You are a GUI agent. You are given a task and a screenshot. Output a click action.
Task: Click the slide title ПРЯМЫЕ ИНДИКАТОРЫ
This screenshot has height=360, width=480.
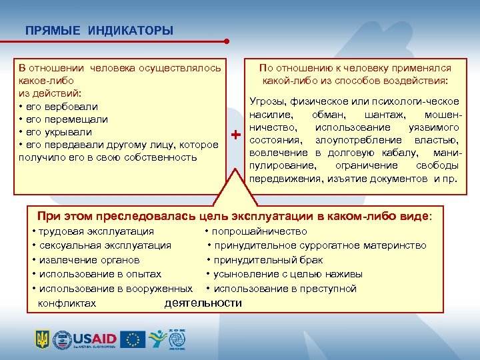tap(99, 31)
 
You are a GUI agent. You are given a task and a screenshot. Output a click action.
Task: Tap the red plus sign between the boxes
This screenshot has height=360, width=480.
tap(235, 136)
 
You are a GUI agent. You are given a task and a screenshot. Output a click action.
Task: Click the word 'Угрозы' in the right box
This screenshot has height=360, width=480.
tap(266, 101)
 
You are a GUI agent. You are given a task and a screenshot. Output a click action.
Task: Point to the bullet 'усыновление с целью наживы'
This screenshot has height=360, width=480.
tap(287, 274)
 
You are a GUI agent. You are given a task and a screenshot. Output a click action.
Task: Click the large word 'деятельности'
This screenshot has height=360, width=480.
tap(203, 303)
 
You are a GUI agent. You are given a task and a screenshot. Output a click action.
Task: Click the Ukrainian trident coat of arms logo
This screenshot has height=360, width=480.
tap(41, 339)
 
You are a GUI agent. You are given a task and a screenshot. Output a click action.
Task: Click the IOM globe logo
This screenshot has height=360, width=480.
tap(176, 339)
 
